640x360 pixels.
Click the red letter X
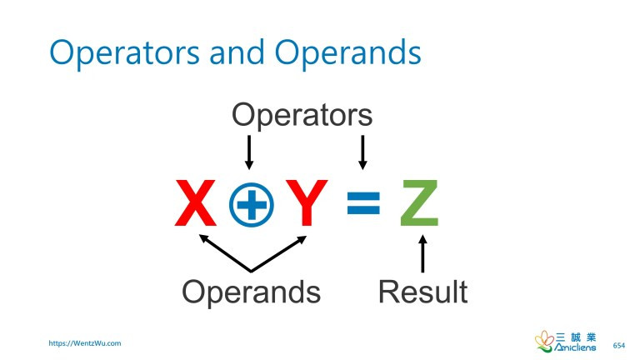[197, 202]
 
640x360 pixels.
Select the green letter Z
[419, 202]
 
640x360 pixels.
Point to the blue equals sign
[363, 203]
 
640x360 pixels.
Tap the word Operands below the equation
[251, 292]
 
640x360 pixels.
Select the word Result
[422, 292]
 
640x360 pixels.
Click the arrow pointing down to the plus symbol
[248, 152]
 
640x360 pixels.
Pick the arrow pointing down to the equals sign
[362, 152]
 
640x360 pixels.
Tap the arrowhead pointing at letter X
[202, 239]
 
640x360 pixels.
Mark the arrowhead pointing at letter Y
[300, 239]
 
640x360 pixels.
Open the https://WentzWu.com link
[85, 342]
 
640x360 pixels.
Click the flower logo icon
[544, 341]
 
